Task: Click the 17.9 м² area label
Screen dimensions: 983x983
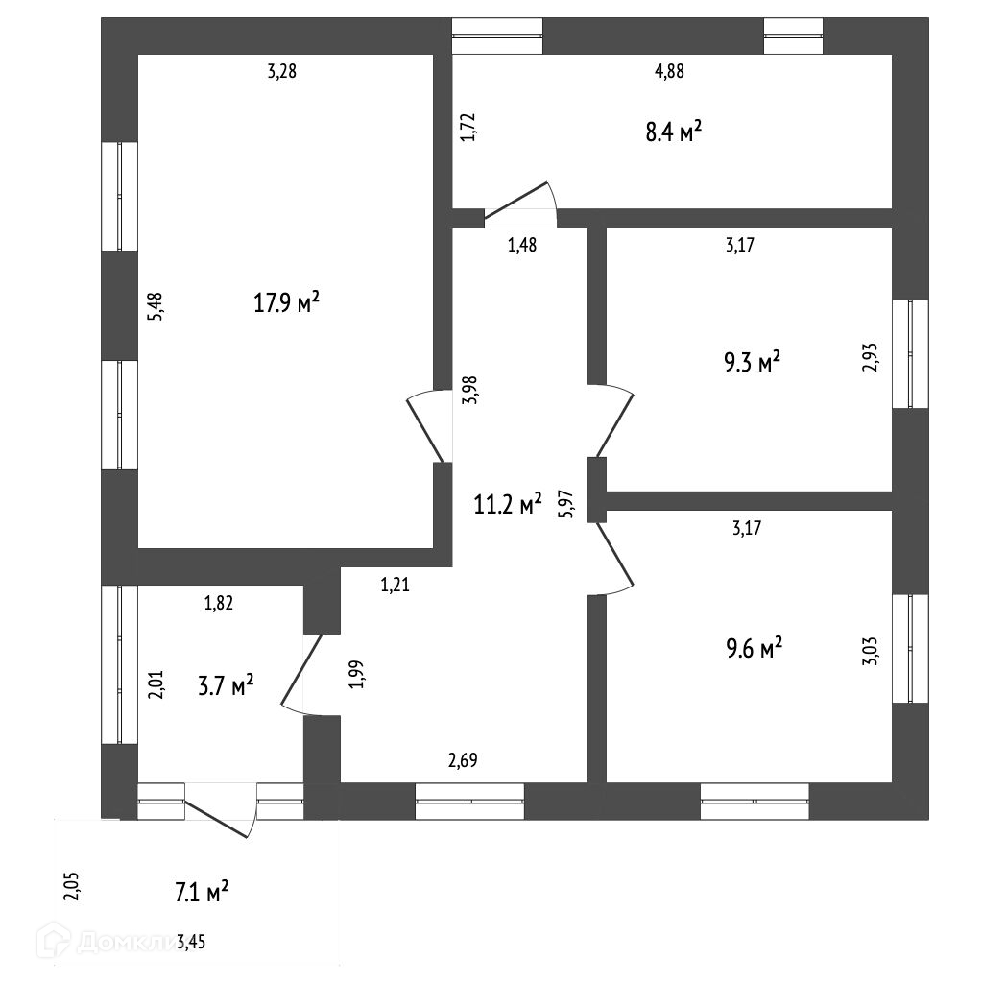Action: pos(286,304)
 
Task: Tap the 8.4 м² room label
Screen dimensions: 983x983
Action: pos(672,132)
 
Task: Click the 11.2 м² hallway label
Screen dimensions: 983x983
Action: pos(508,503)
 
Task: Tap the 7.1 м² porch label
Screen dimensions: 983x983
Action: pos(201,893)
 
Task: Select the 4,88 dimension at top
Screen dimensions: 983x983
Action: pos(669,70)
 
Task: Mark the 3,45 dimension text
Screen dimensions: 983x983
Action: pos(190,943)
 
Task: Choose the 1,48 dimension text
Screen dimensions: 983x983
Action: pos(521,244)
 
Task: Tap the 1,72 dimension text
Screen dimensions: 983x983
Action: pos(468,127)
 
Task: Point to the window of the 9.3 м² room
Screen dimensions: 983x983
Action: pos(910,353)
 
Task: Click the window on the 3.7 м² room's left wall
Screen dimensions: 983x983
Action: pos(120,663)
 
